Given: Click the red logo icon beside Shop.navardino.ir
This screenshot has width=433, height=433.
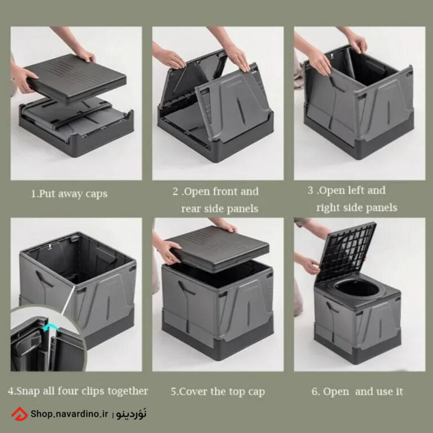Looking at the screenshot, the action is (19, 414).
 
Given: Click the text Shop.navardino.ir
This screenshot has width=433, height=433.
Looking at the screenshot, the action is (69, 414).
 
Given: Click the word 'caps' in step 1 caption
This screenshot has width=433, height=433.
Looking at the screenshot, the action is (96, 194).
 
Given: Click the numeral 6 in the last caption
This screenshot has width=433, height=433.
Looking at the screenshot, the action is (315, 391).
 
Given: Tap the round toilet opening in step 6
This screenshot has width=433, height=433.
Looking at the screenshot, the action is (357, 288).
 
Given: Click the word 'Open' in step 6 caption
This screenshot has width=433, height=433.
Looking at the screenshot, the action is (336, 392).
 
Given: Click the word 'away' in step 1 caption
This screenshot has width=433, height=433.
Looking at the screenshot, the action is (70, 194).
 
